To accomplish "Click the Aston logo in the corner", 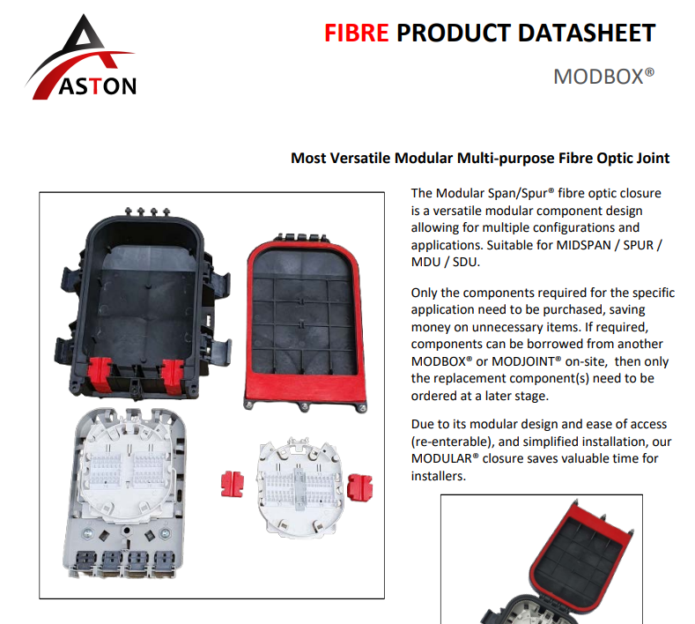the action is (x=81, y=56).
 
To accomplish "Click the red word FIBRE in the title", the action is (x=357, y=33).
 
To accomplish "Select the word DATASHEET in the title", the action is (x=587, y=33).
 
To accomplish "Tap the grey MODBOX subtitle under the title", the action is (x=603, y=77).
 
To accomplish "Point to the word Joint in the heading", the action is (x=654, y=158).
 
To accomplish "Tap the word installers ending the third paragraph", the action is (x=439, y=476).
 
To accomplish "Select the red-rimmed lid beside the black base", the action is (x=306, y=323).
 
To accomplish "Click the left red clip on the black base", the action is (x=100, y=374).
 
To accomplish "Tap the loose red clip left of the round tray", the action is (x=233, y=483).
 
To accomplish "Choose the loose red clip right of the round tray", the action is (x=360, y=487).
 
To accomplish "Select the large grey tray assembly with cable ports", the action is (x=125, y=494).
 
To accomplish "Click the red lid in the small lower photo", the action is (x=581, y=551).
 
